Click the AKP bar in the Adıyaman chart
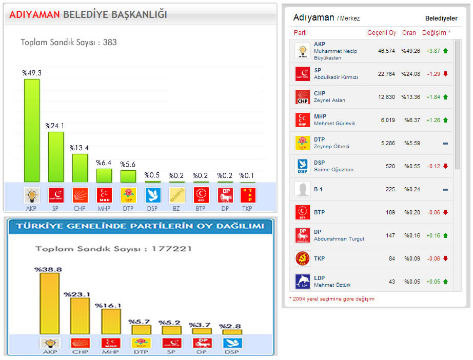coord(32,130)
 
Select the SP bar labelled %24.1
coord(56,157)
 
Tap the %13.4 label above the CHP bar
coord(80,148)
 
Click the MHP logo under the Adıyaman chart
coord(104,195)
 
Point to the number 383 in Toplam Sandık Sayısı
coord(110,43)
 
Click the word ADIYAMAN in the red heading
coord(35,15)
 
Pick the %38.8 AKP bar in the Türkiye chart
coord(50,304)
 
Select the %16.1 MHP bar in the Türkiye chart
coord(111,322)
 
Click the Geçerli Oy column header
coord(382,33)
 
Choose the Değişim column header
coord(436,33)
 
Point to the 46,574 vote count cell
coord(386,51)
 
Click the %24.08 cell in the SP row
coord(410,74)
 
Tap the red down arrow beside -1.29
coord(445,74)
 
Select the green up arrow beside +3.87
coord(445,51)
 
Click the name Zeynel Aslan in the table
coord(329,101)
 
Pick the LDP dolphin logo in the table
coord(303,282)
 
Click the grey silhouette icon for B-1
coord(303,189)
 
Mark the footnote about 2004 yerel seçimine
coord(332,299)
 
